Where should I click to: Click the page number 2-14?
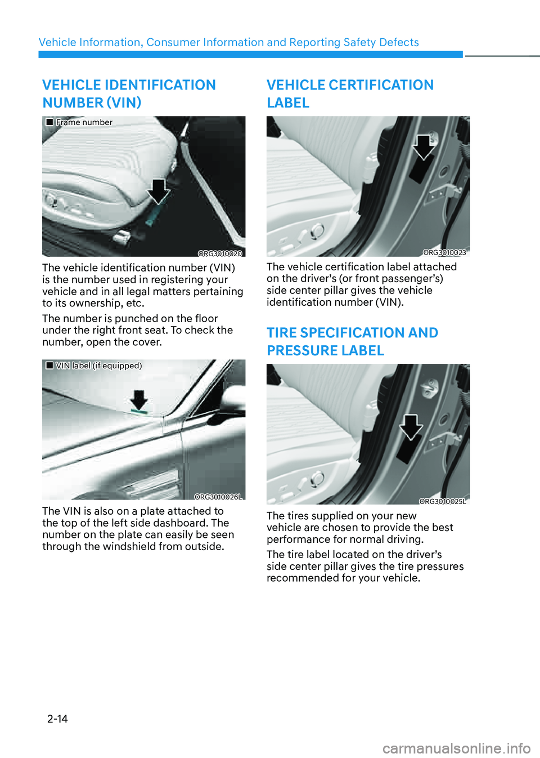click(x=57, y=719)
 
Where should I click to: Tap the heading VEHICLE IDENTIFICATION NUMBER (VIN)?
click(x=129, y=93)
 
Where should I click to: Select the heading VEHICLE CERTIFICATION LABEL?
click(x=350, y=93)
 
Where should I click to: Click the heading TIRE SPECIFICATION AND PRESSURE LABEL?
click(x=352, y=341)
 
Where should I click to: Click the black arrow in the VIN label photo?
click(x=139, y=400)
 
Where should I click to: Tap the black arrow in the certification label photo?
click(x=424, y=146)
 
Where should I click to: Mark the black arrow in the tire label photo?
click(x=411, y=427)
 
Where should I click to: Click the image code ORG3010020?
click(x=220, y=253)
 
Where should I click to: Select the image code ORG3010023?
click(x=444, y=252)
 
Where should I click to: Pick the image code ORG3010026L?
click(x=218, y=497)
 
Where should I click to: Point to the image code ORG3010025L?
click(x=443, y=501)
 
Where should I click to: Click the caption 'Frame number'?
click(x=84, y=122)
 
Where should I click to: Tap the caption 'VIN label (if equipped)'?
click(x=99, y=365)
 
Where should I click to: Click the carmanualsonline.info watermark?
click(x=456, y=748)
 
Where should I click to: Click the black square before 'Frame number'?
click(x=49, y=122)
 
